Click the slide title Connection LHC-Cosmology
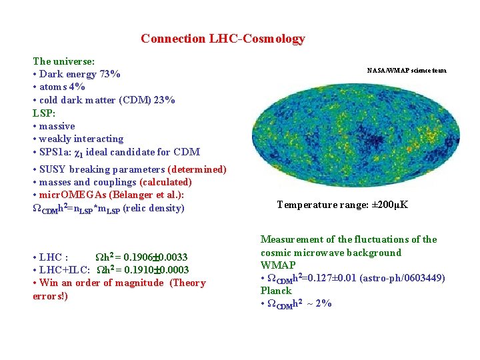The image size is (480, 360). pyautogui.click(x=223, y=39)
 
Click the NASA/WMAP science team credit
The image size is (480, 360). pyautogui.click(x=407, y=70)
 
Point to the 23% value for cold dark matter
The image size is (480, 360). pyautogui.click(x=164, y=100)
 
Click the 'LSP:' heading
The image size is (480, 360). pyautogui.click(x=45, y=113)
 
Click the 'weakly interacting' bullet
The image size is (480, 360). pyautogui.click(x=81, y=139)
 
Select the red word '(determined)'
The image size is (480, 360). pyautogui.click(x=197, y=169)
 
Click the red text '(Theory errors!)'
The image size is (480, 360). pyautogui.click(x=119, y=289)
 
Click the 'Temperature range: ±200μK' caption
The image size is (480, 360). pyautogui.click(x=343, y=205)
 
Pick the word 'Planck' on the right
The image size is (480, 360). pyautogui.click(x=276, y=291)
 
